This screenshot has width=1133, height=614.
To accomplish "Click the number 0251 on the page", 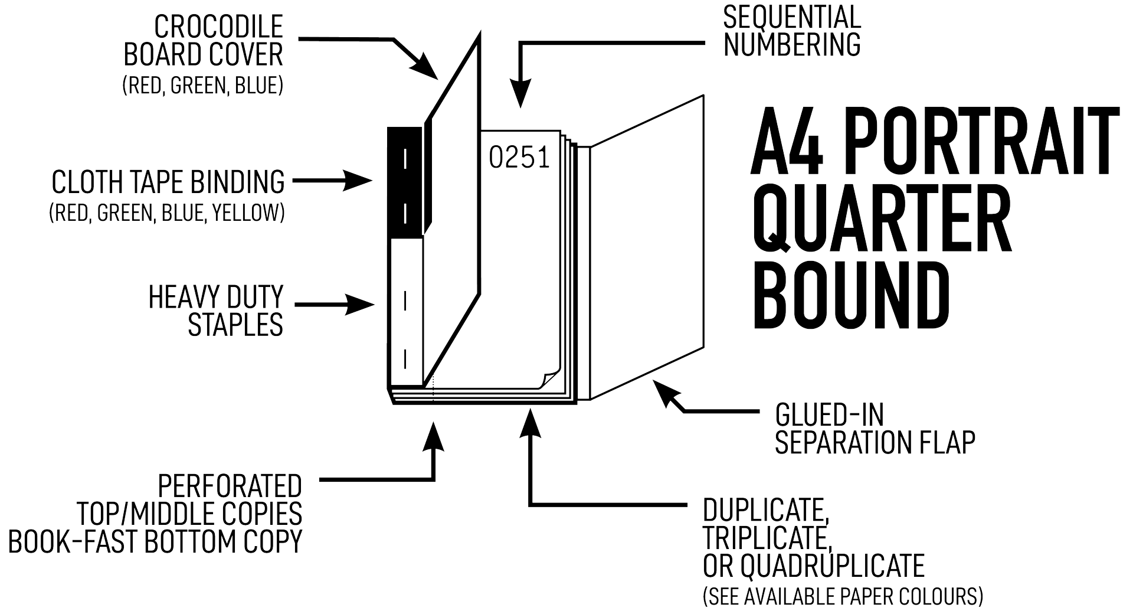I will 519,158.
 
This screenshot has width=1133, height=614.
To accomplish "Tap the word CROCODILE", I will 218,27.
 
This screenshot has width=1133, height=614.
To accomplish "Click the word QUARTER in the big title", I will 882,218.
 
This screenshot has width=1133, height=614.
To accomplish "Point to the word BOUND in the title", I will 850,295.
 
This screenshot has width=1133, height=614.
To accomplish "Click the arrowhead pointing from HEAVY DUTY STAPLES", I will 361,305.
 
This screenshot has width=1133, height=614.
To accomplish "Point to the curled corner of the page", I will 549,378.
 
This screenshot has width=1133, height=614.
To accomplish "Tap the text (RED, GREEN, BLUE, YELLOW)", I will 166,213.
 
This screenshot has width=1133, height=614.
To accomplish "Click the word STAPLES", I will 235,325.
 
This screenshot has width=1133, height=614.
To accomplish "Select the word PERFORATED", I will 230,486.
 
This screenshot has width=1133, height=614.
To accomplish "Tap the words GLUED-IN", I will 829,415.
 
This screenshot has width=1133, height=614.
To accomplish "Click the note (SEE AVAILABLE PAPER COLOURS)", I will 843,596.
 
